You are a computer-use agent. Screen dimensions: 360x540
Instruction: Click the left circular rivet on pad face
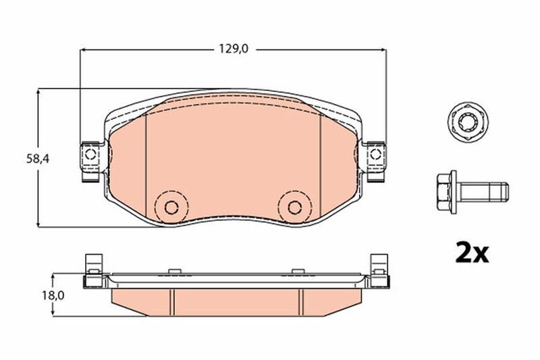(171, 206)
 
